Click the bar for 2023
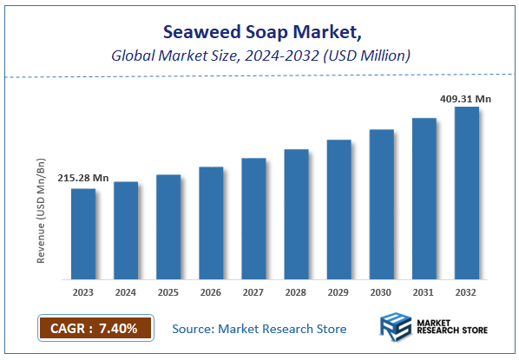coord(83,233)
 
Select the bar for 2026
coord(211,223)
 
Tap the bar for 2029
coord(338,209)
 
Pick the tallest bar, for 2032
coord(466,193)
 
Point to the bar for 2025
coord(168,226)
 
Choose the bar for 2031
coord(424,199)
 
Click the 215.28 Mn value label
coord(83,178)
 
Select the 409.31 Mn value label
coord(466,99)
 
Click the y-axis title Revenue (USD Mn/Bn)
coord(41,211)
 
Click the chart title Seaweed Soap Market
coord(259,32)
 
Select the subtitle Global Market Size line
coord(259,56)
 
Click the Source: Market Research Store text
coord(259,329)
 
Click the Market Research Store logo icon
coord(397,329)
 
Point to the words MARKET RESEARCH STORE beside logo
coord(452,330)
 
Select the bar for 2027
coord(253,219)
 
